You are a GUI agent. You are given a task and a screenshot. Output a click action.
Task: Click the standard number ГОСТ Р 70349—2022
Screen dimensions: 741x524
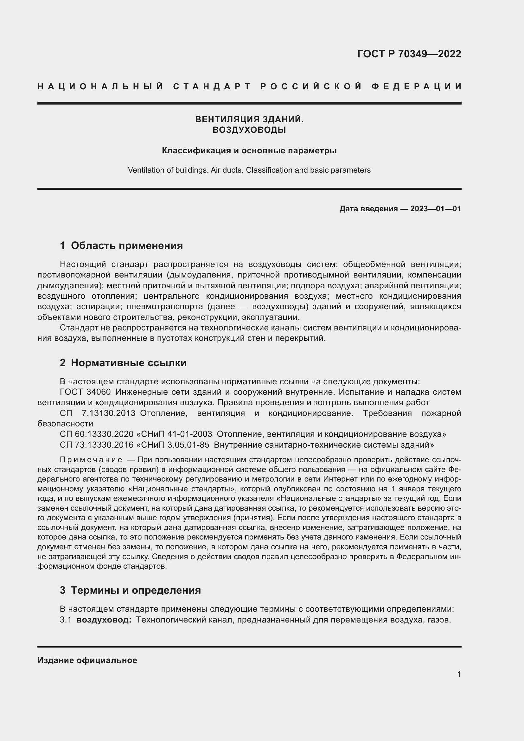click(x=409, y=54)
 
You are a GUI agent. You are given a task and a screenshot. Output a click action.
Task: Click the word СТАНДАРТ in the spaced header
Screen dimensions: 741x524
click(x=212, y=86)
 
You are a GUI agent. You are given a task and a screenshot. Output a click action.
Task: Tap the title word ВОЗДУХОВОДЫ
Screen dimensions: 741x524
click(x=249, y=130)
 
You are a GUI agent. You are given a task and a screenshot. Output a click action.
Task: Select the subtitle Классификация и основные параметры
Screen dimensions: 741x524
click(x=249, y=150)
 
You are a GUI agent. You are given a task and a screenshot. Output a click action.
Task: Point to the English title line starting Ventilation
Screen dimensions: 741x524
click(x=249, y=170)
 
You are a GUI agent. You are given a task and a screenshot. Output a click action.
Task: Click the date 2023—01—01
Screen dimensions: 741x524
click(x=435, y=209)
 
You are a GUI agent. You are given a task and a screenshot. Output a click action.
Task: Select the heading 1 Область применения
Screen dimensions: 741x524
click(x=121, y=246)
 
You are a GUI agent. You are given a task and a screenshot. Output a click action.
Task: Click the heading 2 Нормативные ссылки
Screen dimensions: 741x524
click(x=123, y=363)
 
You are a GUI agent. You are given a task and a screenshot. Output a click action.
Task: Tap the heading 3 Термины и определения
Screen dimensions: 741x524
click(x=130, y=590)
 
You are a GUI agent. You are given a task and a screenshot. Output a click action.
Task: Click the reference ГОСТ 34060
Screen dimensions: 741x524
click(x=86, y=392)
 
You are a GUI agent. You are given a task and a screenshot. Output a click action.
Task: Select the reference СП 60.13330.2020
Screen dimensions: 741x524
click(x=97, y=434)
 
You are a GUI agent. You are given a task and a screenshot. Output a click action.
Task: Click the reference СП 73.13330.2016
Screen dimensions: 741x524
click(x=97, y=445)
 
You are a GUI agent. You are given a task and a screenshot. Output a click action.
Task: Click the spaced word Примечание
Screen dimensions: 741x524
click(x=91, y=460)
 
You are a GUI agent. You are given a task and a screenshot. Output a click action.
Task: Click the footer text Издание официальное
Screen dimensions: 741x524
click(x=87, y=660)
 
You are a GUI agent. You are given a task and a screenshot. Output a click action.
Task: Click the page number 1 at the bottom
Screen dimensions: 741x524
click(x=459, y=674)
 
